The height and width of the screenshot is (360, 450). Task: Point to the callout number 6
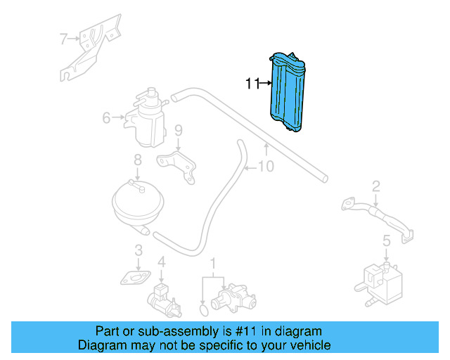106,118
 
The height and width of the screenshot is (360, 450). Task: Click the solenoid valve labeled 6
146,116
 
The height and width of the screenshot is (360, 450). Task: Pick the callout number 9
179,130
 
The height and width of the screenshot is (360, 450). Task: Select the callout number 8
138,160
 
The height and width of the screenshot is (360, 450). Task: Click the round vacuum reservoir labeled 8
139,202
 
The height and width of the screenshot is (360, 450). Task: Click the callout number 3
139,250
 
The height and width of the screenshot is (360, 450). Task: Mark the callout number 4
162,262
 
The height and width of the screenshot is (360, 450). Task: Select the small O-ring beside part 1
203,307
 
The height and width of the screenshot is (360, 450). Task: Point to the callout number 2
376,186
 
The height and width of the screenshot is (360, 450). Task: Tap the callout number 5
386,242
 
